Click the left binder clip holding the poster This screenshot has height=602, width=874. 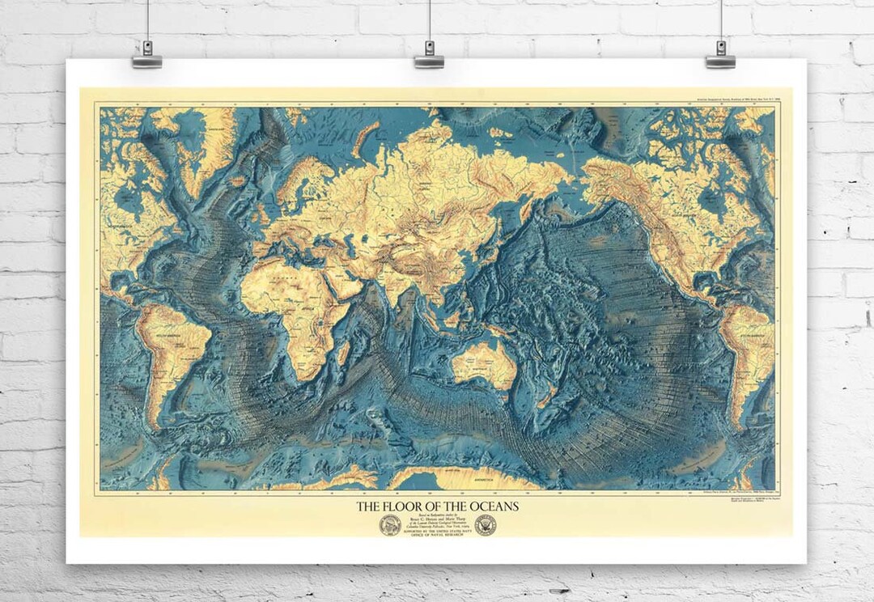(147, 56)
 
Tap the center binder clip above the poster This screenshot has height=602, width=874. (429, 56)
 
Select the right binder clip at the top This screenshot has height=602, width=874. (719, 56)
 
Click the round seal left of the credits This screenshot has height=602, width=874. (390, 525)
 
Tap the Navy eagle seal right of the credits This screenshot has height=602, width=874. (486, 525)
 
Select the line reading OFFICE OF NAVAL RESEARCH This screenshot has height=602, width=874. (438, 534)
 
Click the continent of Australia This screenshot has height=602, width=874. (483, 364)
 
